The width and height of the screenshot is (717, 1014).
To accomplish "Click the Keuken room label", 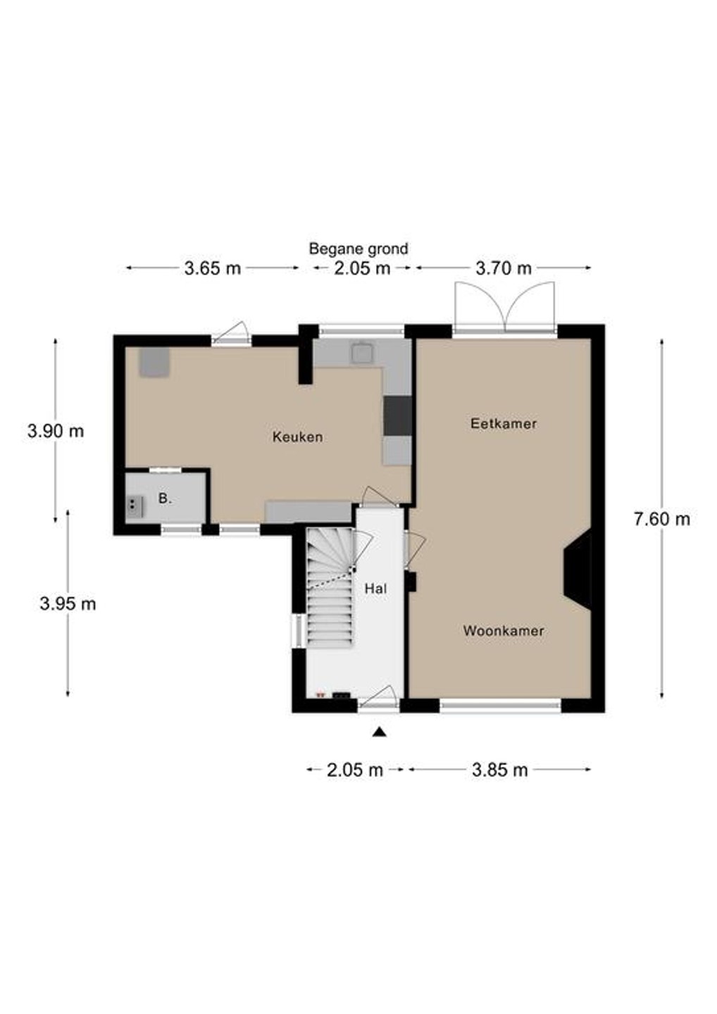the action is [297, 437].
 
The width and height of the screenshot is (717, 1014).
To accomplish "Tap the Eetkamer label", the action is [504, 423].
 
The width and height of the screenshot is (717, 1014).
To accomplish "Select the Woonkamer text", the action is [503, 631].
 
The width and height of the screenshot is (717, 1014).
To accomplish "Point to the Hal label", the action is [375, 589].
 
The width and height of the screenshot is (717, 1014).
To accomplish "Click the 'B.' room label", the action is [165, 499].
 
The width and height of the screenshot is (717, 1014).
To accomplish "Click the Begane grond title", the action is [358, 249].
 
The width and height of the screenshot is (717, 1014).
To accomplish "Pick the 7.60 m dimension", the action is [662, 519].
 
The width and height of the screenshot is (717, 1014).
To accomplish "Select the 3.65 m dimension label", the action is [212, 268].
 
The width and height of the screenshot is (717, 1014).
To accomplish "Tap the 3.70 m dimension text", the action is [504, 268].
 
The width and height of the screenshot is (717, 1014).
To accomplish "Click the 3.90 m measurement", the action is [56, 431].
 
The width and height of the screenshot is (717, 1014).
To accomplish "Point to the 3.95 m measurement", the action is [68, 603].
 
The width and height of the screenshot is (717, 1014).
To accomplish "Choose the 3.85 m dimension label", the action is [500, 770].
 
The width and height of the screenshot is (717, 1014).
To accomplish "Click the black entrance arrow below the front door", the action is [380, 732].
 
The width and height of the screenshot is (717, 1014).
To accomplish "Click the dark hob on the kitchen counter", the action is [398, 416].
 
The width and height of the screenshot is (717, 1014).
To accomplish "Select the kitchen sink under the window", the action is [362, 353].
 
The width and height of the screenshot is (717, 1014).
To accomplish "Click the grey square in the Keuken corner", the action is [154, 362].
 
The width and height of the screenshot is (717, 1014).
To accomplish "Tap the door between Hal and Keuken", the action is [379, 496].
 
